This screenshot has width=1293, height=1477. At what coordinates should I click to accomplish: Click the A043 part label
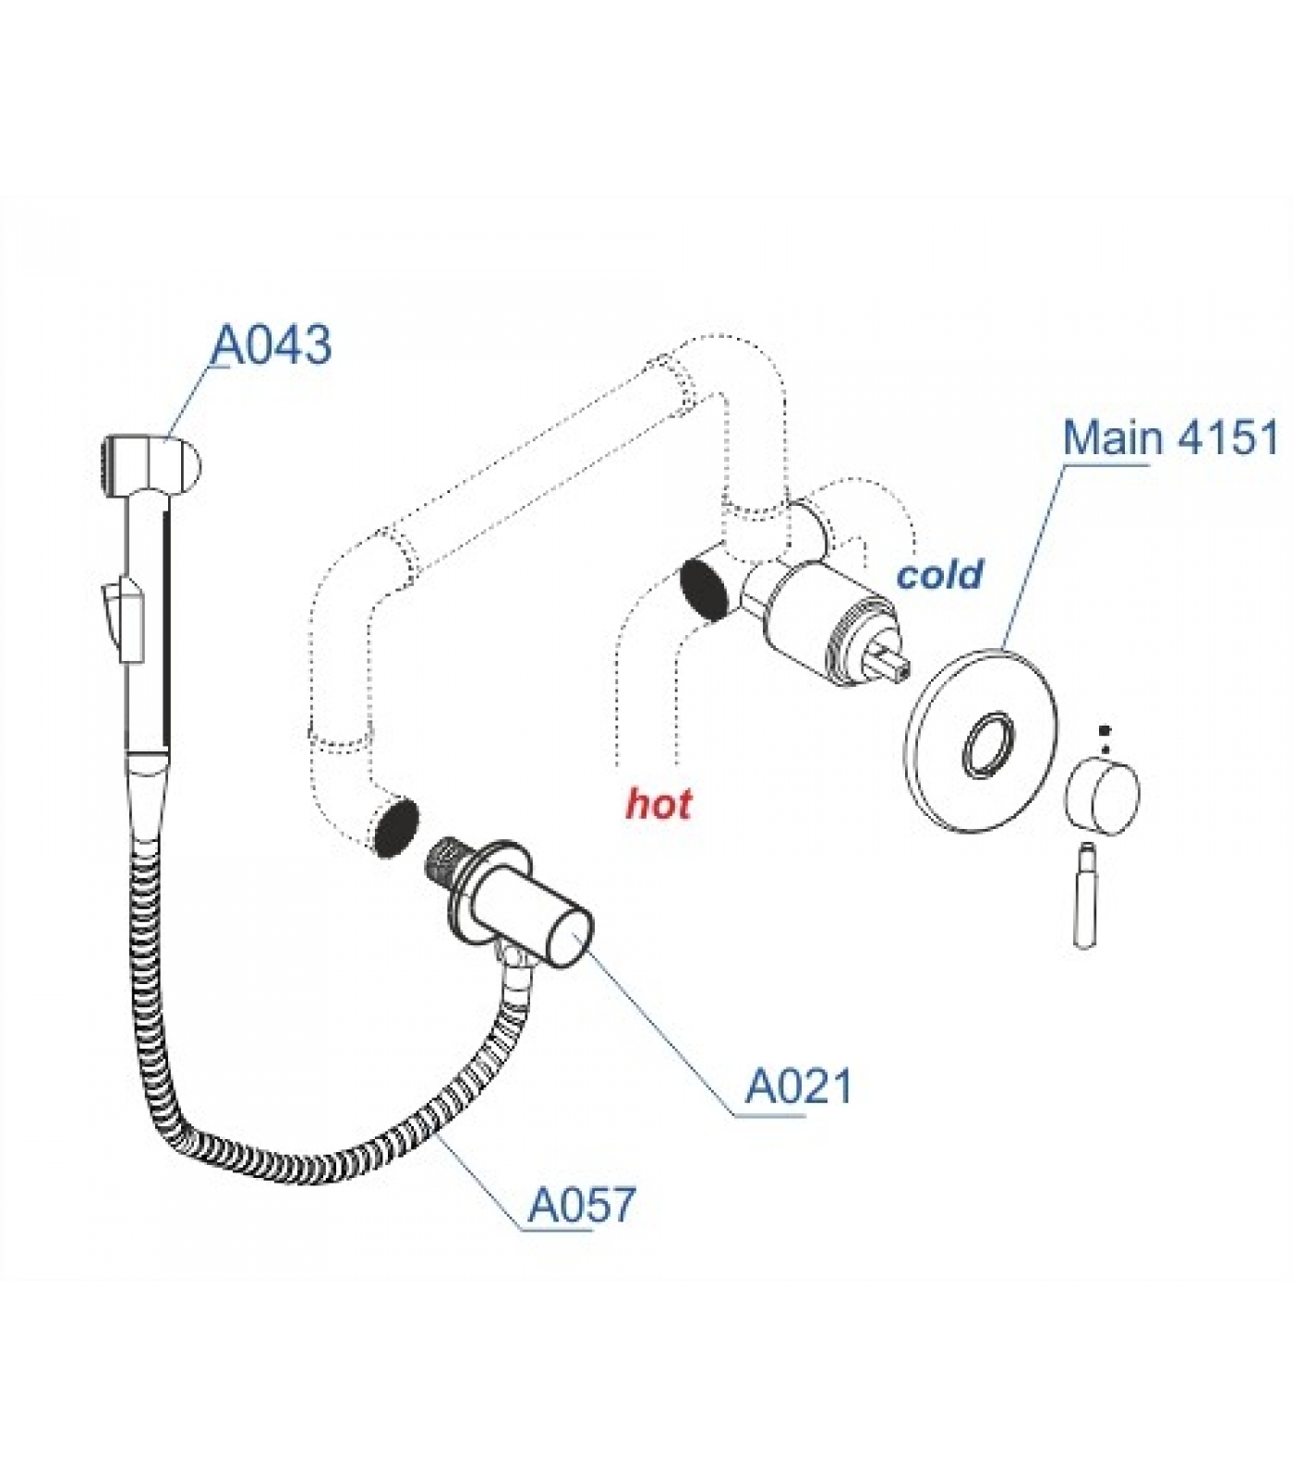[272, 345]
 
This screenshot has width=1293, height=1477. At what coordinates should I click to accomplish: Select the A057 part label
[583, 1205]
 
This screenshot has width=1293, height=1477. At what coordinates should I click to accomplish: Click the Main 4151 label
[1170, 437]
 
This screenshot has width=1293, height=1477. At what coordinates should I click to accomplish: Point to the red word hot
[659, 803]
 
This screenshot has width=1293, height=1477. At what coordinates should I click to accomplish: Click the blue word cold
[940, 574]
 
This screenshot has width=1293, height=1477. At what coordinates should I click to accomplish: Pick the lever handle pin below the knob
[1086, 892]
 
